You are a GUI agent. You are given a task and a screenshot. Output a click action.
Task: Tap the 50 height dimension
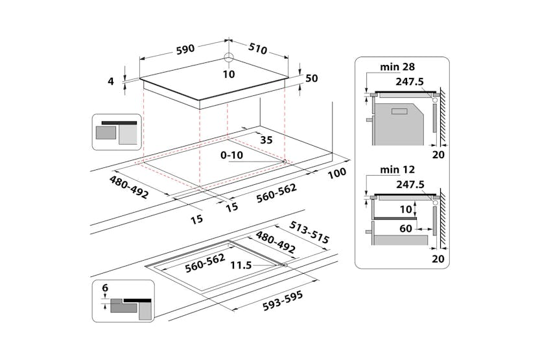[311, 78]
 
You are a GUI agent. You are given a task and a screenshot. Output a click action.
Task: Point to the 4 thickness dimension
[111, 81]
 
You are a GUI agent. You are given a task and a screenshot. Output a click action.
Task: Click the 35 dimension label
[266, 139]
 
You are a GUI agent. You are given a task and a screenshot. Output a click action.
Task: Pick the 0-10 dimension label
[232, 156]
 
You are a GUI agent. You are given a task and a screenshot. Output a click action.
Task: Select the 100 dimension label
[337, 174]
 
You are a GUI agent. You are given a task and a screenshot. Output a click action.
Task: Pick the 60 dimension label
[406, 228]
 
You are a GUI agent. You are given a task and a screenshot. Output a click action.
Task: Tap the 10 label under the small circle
[228, 74]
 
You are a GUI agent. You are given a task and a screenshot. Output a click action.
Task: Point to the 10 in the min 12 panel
[405, 209]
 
